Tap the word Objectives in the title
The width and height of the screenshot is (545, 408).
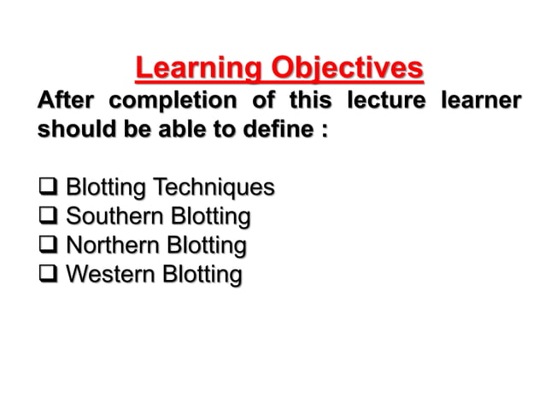[x=347, y=67]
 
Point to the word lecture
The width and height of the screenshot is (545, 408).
[x=386, y=101]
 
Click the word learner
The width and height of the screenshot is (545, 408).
[x=480, y=101]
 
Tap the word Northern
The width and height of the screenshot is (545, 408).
[x=108, y=246]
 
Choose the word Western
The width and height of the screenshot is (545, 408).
[x=107, y=276]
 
